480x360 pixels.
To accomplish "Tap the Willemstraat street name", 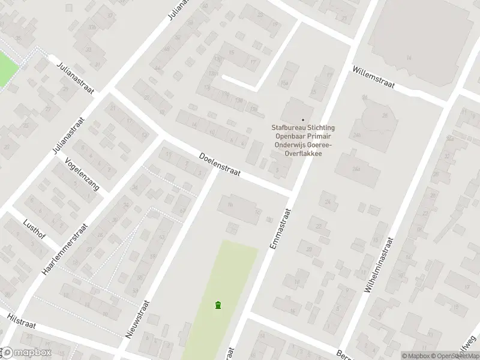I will pyautogui.click(x=373, y=76).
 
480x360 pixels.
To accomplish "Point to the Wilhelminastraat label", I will pyautogui.click(x=380, y=264).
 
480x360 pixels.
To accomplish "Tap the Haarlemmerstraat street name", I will pyautogui.click(x=62, y=246).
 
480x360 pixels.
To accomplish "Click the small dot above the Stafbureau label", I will pyautogui.click(x=302, y=119).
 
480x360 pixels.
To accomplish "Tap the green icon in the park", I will pyautogui.click(x=217, y=305).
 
